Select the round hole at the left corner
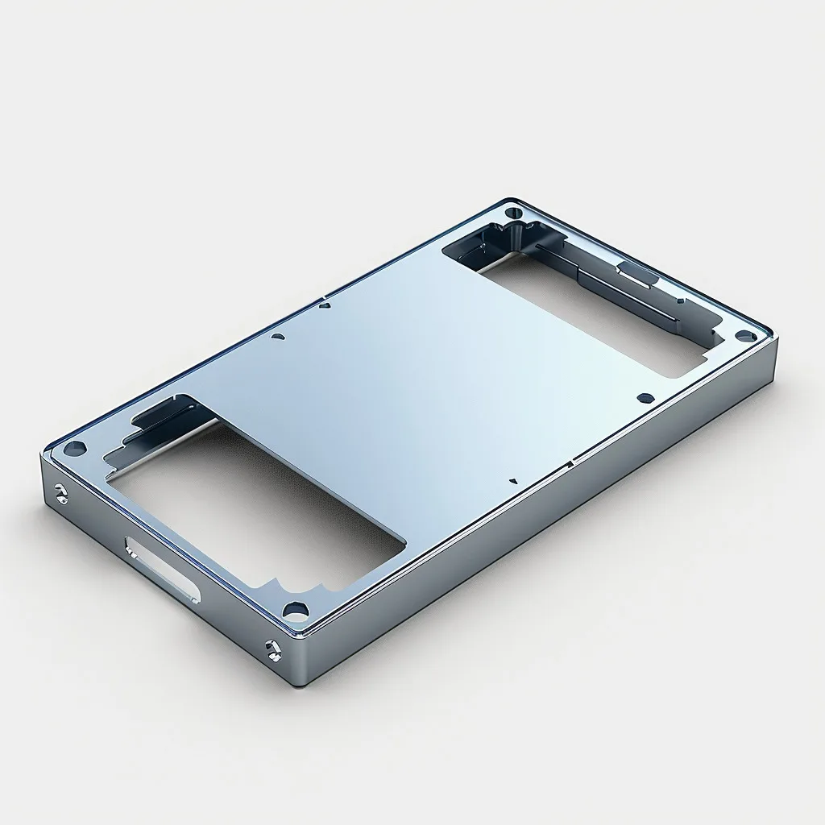point(74,447)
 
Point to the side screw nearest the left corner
point(60,495)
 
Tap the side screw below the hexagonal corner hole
point(273,649)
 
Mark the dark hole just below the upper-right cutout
point(645,397)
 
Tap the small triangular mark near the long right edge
point(513,481)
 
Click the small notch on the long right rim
point(570,464)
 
